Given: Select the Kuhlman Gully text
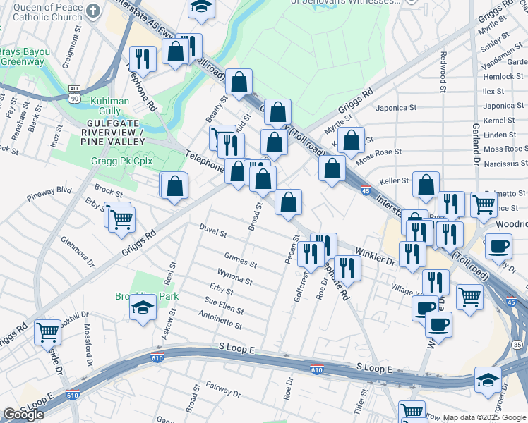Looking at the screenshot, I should [109, 106].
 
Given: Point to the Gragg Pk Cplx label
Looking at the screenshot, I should [121, 161].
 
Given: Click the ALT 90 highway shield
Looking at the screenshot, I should [74, 94].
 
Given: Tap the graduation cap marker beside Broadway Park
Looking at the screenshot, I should [143, 309].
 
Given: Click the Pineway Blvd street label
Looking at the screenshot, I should [49, 190].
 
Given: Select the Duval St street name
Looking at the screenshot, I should [212, 233].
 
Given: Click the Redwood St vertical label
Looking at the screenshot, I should [443, 72].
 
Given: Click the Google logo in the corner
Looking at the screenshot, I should [23, 415].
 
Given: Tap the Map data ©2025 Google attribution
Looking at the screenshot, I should [484, 417].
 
